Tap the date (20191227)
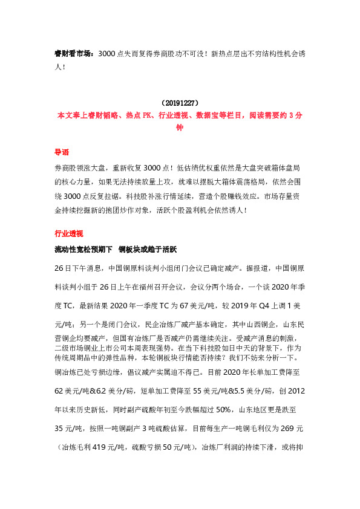pyautogui.click(x=179, y=103)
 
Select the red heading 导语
pyautogui.click(x=61, y=153)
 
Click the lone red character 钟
pyautogui.click(x=179, y=128)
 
